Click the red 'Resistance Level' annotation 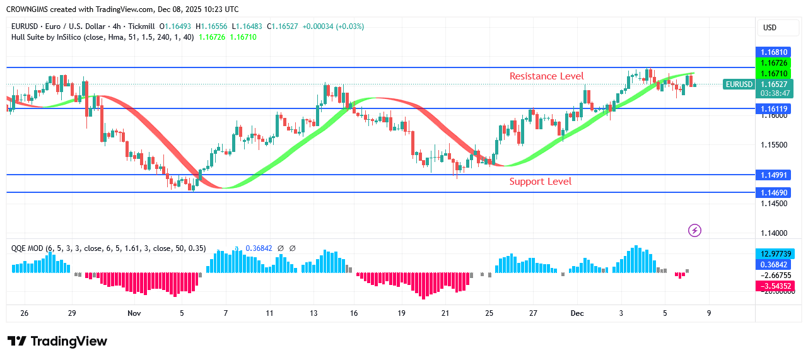(x=546, y=76)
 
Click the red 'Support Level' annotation (x=541, y=182)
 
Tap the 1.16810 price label (x=773, y=52)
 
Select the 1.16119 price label (x=773, y=108)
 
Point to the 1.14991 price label (x=773, y=175)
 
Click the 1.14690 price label (x=773, y=192)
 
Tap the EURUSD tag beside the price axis (x=739, y=84)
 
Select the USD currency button (x=770, y=28)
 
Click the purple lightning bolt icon (x=694, y=231)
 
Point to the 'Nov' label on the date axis (x=134, y=313)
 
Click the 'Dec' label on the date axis (x=577, y=313)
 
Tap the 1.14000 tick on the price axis (x=773, y=233)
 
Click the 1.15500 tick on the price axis (x=773, y=145)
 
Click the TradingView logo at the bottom (x=57, y=341)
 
